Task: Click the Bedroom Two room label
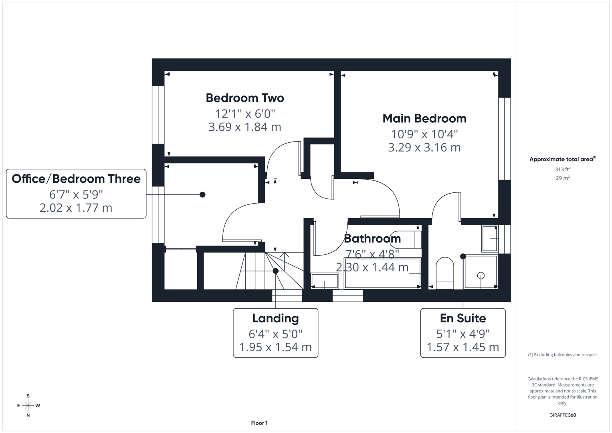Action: (244, 98)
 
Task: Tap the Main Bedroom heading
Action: (424, 118)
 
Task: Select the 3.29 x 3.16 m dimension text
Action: (424, 148)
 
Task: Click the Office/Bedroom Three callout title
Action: (76, 179)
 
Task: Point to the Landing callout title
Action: (275, 318)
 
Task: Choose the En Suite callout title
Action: (463, 318)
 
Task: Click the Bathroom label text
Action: (372, 239)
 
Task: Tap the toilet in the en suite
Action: (444, 272)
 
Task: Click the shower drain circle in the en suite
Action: (481, 275)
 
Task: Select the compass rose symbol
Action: (28, 406)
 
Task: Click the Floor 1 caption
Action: (259, 423)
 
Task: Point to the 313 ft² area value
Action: (563, 170)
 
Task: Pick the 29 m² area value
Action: (563, 178)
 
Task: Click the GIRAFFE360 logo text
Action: (562, 415)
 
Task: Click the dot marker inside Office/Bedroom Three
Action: (202, 194)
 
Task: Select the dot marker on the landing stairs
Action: (276, 271)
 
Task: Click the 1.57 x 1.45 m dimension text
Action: (463, 347)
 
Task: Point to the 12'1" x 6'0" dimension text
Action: (244, 113)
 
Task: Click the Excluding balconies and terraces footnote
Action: (563, 355)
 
